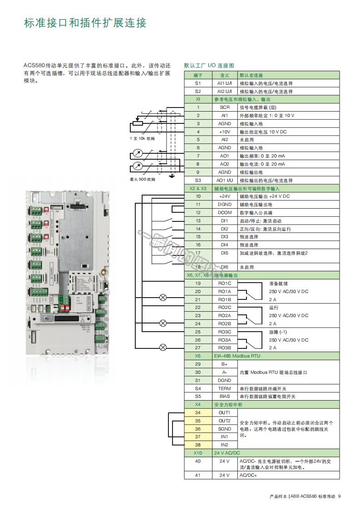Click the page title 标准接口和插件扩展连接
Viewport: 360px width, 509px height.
tap(85, 23)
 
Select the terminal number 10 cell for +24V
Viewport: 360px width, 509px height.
tap(198, 196)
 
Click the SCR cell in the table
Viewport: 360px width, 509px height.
tap(225, 108)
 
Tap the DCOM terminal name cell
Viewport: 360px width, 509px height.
tap(225, 213)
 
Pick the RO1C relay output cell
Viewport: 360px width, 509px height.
tap(225, 284)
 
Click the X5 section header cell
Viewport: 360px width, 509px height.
tap(198, 356)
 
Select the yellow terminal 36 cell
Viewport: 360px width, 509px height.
tap(198, 429)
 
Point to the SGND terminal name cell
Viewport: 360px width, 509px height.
tap(225, 429)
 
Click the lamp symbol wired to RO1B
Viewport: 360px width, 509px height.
tap(163, 298)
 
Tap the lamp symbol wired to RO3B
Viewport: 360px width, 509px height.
tap(163, 347)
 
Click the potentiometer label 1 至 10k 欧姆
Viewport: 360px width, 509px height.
tap(142, 138)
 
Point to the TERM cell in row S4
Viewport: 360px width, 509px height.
tap(225, 389)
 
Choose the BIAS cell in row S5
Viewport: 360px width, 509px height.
tap(225, 396)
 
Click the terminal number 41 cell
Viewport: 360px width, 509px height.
tap(198, 475)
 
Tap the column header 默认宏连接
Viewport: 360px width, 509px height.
tap(251, 75)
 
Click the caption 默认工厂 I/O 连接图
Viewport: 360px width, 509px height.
tap(209, 66)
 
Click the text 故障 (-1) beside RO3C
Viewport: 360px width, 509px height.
tap(278, 332)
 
